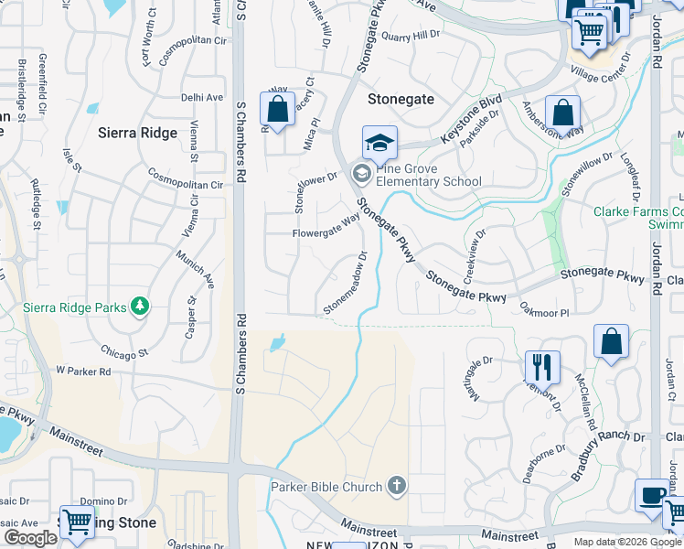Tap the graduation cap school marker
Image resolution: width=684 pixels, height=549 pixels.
[379, 144]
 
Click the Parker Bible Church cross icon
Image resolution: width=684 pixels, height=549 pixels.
[396, 485]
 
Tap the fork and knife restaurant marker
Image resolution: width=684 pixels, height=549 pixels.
[542, 367]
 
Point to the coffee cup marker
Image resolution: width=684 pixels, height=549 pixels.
[652, 496]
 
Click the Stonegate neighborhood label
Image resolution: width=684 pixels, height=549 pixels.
[400, 98]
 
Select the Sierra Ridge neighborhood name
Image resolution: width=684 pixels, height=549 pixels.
[137, 133]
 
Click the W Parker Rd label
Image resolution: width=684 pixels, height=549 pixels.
[83, 371]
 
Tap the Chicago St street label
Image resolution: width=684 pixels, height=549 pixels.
[125, 352]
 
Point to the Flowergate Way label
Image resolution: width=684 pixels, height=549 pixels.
[326, 226]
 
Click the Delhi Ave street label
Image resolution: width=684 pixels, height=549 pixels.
[202, 97]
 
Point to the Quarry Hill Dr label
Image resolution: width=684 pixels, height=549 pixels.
[411, 36]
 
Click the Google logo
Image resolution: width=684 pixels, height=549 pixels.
[30, 538]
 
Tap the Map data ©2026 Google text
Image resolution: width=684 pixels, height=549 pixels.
[626, 542]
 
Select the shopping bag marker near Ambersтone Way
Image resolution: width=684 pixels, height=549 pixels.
[563, 114]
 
